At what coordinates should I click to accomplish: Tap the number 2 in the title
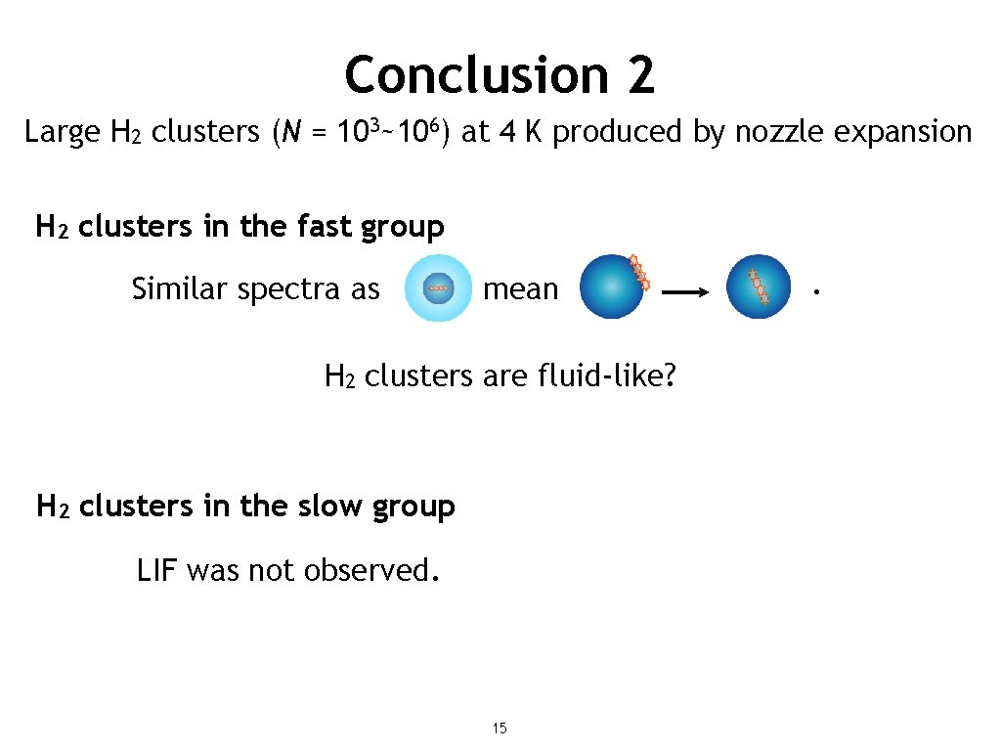640,74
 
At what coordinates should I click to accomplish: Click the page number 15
500,728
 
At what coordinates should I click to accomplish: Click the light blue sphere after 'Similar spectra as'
439,288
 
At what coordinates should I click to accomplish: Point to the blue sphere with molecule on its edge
612,287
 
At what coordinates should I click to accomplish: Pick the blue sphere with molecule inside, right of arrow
758,287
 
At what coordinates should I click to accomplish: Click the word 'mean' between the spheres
521,289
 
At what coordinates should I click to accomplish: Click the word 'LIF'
156,569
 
